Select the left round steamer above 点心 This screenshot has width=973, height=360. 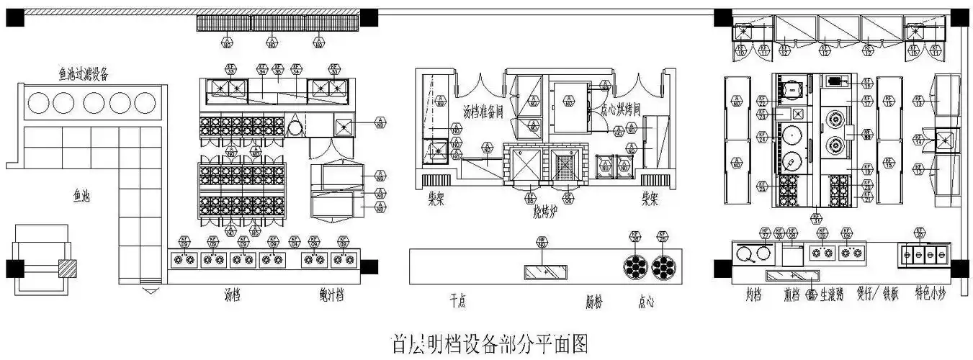coord(637,267)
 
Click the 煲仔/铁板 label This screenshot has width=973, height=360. coord(876,294)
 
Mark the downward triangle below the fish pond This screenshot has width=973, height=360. coord(151,291)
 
